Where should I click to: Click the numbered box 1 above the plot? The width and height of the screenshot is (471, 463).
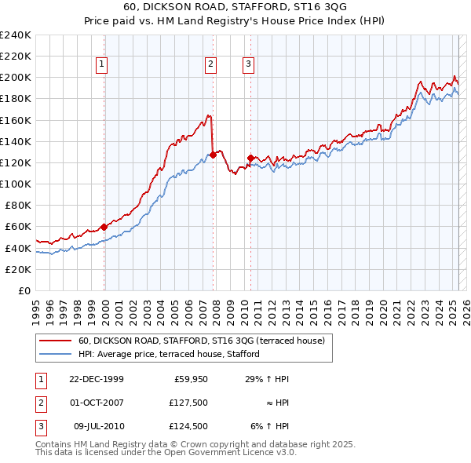(103, 65)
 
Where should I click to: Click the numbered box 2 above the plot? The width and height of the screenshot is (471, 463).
(211, 65)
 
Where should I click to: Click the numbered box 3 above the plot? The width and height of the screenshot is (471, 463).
(248, 65)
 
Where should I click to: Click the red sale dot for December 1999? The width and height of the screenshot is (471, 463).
(104, 227)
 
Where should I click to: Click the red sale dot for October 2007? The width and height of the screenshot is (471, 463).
(213, 155)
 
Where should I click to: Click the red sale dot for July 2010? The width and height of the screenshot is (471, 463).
(250, 158)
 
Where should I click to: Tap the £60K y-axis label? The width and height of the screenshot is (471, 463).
(18, 227)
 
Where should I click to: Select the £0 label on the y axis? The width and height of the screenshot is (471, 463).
(24, 290)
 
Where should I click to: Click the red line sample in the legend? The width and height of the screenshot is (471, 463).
(55, 341)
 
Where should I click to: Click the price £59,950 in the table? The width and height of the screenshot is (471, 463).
(190, 379)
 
